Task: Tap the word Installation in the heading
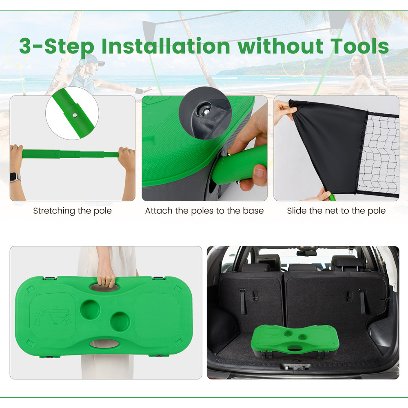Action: tap(166, 47)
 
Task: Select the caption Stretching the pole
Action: tap(72, 211)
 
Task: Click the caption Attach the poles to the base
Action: tap(204, 211)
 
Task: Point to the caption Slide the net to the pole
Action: tap(336, 211)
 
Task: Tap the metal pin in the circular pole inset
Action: tap(75, 115)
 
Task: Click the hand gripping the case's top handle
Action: tap(106, 278)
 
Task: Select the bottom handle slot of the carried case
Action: tap(104, 344)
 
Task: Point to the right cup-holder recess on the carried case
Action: tap(120, 322)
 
